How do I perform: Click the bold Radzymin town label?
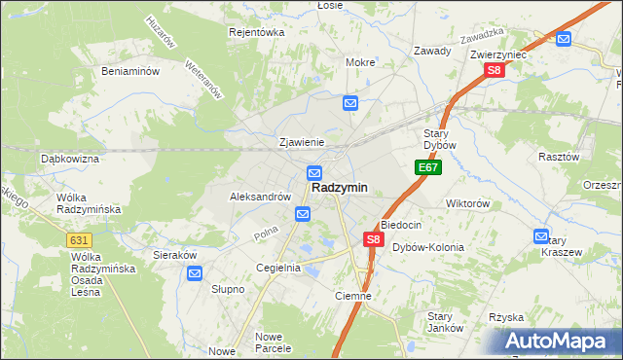pyautogui.click(x=340, y=188)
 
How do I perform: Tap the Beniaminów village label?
pyautogui.click(x=130, y=71)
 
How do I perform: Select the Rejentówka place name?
pyautogui.click(x=256, y=32)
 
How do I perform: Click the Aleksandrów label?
pyautogui.click(x=260, y=196)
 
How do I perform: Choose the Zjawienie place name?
pyautogui.click(x=301, y=142)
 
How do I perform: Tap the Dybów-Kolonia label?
pyautogui.click(x=428, y=247)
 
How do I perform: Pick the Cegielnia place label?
pyautogui.click(x=277, y=268)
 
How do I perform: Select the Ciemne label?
pyautogui.click(x=352, y=296)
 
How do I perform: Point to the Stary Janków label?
pyautogui.click(x=445, y=322)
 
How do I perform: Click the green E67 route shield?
pyautogui.click(x=428, y=168)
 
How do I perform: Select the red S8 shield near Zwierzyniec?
pyautogui.click(x=495, y=70)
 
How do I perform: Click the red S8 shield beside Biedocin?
pyautogui.click(x=372, y=238)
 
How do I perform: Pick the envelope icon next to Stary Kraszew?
pyautogui.click(x=541, y=235)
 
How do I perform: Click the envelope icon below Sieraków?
pyautogui.click(x=195, y=274)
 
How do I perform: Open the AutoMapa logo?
pyautogui.click(x=558, y=341)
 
